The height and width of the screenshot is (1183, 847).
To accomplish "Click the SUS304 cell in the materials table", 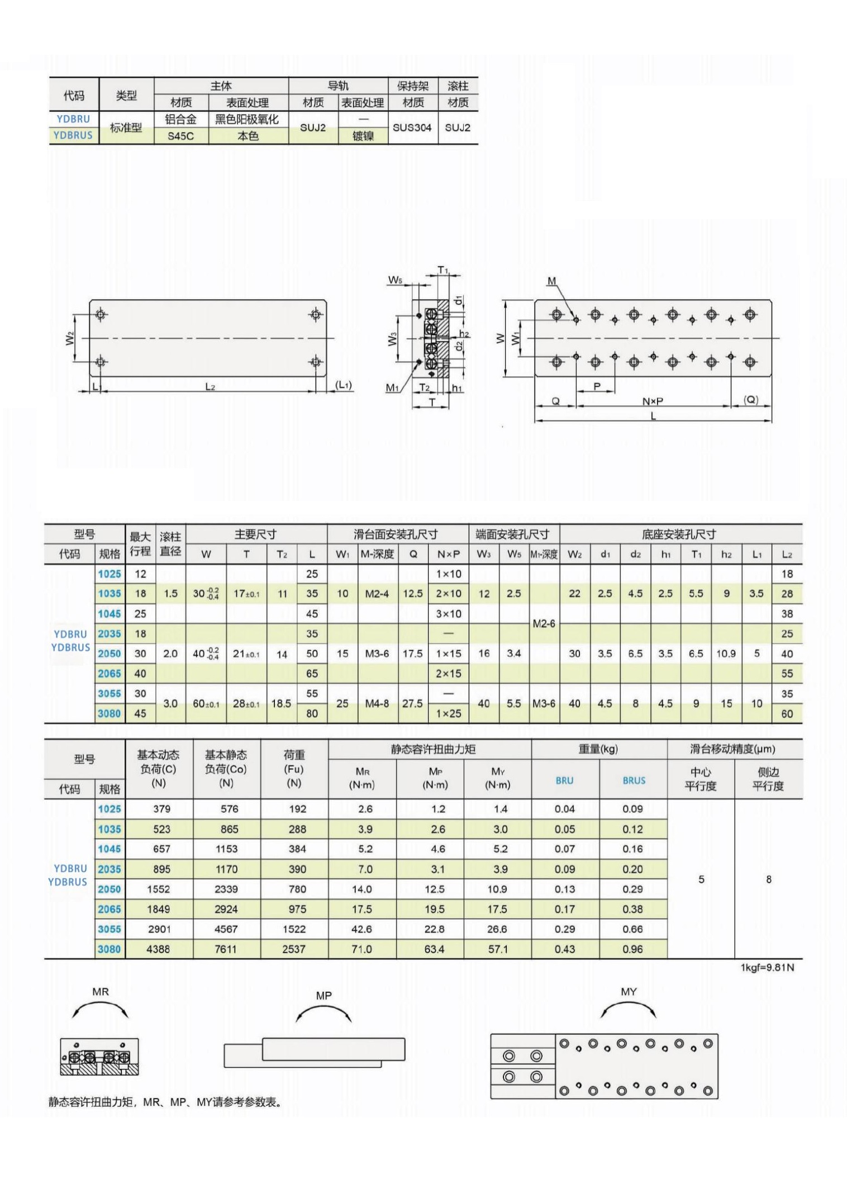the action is (412, 127).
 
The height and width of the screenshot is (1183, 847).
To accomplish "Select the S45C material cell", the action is (180, 136).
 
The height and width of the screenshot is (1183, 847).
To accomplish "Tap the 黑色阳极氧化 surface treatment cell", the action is (247, 119).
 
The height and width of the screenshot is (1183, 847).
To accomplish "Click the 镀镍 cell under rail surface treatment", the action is (363, 136).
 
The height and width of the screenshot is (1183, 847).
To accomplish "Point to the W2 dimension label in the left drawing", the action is (70, 338).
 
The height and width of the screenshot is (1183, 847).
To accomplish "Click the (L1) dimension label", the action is (344, 385).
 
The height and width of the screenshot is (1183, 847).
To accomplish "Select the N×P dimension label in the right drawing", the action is (653, 401).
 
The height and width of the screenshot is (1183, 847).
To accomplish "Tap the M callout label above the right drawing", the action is (551, 281).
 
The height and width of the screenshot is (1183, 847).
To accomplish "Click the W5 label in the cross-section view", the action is (396, 280).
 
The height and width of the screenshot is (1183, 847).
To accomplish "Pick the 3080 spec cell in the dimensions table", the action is (110, 713).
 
